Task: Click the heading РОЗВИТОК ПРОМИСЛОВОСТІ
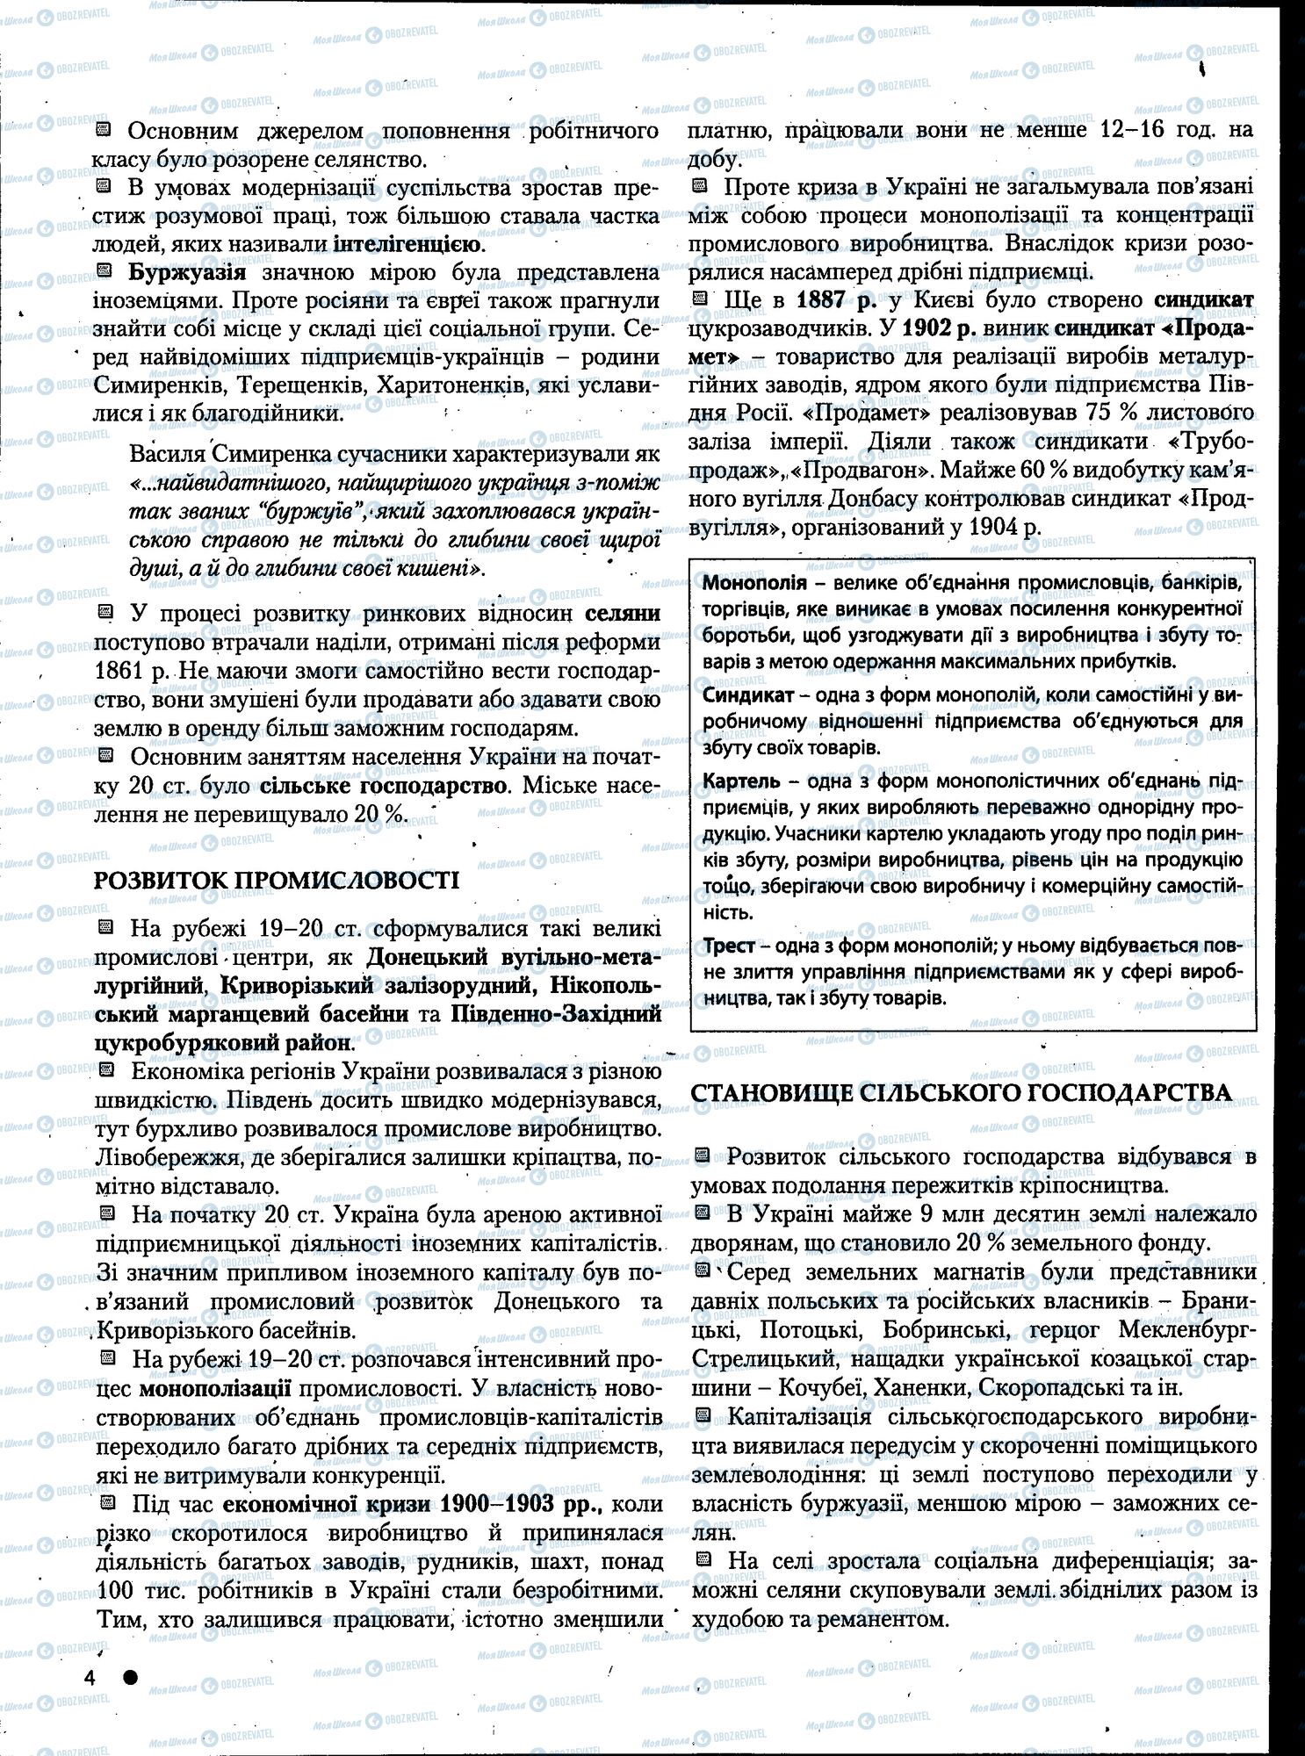tap(277, 880)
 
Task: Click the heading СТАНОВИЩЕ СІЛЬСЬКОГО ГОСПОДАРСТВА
tap(961, 1092)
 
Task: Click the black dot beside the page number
tap(130, 1676)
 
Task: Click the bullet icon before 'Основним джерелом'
tap(103, 131)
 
